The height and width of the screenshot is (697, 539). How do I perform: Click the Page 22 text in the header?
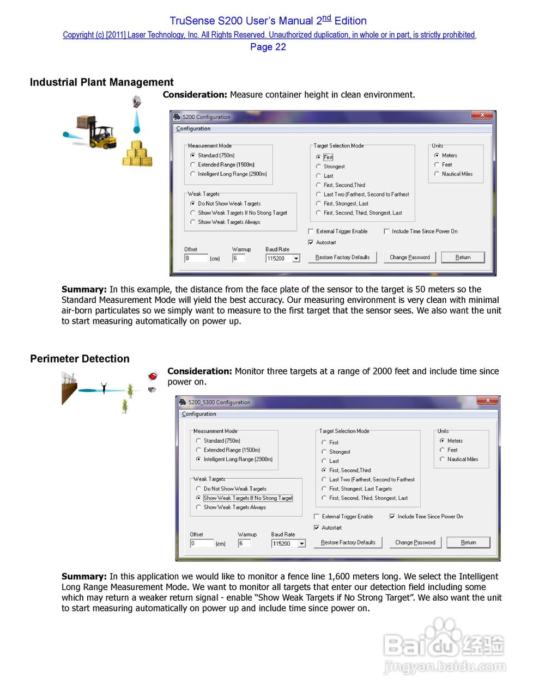pos(268,47)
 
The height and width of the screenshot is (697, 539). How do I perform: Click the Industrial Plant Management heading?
pos(101,82)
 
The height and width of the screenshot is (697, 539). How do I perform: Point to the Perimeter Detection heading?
pos(80,359)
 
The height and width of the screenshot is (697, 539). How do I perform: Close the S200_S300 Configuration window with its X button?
pos(488,401)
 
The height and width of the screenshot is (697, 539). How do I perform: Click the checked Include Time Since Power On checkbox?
pos(392,516)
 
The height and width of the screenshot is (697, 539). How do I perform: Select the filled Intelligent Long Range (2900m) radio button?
pos(198,459)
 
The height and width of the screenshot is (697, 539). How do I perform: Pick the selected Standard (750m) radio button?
pos(193,155)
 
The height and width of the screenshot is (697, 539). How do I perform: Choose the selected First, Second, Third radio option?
pos(324,470)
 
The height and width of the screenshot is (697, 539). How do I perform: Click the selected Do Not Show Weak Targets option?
pos(193,203)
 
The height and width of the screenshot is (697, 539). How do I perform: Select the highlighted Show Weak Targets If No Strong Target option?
pos(198,498)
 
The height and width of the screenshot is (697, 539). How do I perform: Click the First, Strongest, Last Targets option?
pos(324,488)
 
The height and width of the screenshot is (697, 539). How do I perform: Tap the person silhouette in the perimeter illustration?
pos(104,388)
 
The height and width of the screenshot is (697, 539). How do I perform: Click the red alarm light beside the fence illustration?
pos(153,376)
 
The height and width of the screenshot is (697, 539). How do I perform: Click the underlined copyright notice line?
pos(269,35)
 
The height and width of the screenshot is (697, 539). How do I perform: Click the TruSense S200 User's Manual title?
pos(268,21)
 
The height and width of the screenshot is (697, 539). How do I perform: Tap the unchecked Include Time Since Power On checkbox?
pos(386,231)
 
